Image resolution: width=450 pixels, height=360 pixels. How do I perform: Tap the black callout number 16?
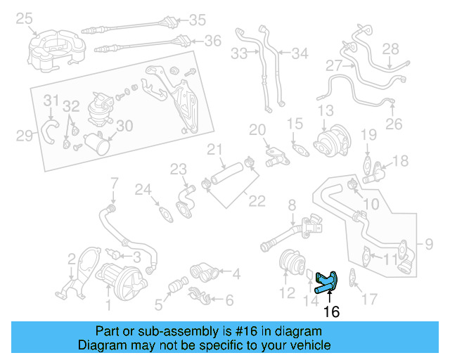(x=330, y=311)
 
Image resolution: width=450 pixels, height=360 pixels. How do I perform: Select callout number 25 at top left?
(x=25, y=18)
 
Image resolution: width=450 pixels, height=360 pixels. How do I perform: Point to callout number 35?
(x=197, y=20)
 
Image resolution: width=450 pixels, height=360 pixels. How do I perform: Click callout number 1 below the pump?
(x=108, y=304)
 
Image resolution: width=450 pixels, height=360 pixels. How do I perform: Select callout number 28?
(x=390, y=49)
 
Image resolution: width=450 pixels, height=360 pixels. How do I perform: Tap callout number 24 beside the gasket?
(x=143, y=190)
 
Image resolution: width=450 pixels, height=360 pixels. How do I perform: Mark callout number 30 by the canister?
(x=124, y=127)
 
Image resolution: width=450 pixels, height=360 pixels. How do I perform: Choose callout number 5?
(x=159, y=304)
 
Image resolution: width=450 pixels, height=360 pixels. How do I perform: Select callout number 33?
(x=239, y=53)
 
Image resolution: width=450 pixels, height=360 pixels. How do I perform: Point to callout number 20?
(x=257, y=130)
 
